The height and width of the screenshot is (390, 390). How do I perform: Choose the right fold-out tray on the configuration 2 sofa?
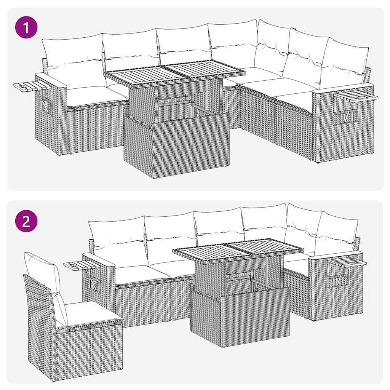(347, 263)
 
